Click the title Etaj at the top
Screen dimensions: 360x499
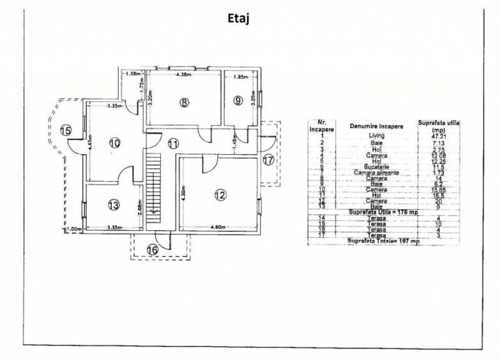(x=238, y=18)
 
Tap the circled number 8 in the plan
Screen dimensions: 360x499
(x=184, y=102)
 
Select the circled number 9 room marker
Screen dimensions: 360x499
(x=238, y=100)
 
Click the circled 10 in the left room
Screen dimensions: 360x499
(x=114, y=143)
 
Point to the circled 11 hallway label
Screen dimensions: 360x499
(x=174, y=144)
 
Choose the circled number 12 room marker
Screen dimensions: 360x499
(x=220, y=194)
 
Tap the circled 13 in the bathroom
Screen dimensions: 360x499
(x=113, y=205)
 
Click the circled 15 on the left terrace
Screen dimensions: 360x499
(x=65, y=130)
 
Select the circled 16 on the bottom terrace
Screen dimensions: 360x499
(x=151, y=249)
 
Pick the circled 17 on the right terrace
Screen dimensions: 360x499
(x=268, y=160)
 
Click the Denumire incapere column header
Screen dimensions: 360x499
(x=376, y=126)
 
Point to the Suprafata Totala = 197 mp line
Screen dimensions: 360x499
(x=383, y=241)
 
